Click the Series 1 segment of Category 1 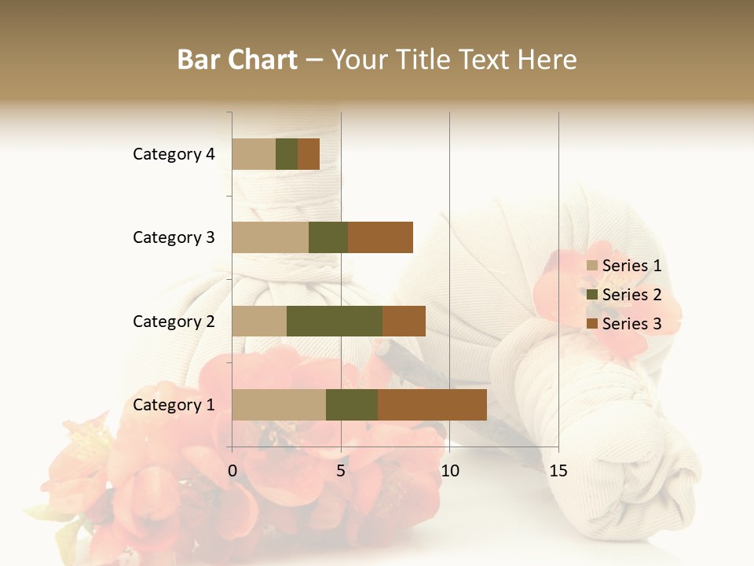(279, 405)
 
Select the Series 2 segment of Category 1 (352, 405)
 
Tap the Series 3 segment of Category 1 (432, 405)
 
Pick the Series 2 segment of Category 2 (335, 321)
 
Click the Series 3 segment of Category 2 (404, 321)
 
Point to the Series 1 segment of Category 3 (270, 237)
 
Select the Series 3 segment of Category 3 (380, 237)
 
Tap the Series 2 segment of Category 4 (287, 154)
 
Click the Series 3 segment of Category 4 (309, 154)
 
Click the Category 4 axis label (174, 154)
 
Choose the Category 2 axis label (174, 321)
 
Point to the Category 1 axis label (174, 405)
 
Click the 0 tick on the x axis (232, 471)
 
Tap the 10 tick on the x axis (449, 471)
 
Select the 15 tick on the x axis (558, 471)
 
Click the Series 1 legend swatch (592, 266)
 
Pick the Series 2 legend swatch (592, 295)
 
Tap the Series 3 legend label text (631, 324)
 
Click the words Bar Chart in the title (237, 60)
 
